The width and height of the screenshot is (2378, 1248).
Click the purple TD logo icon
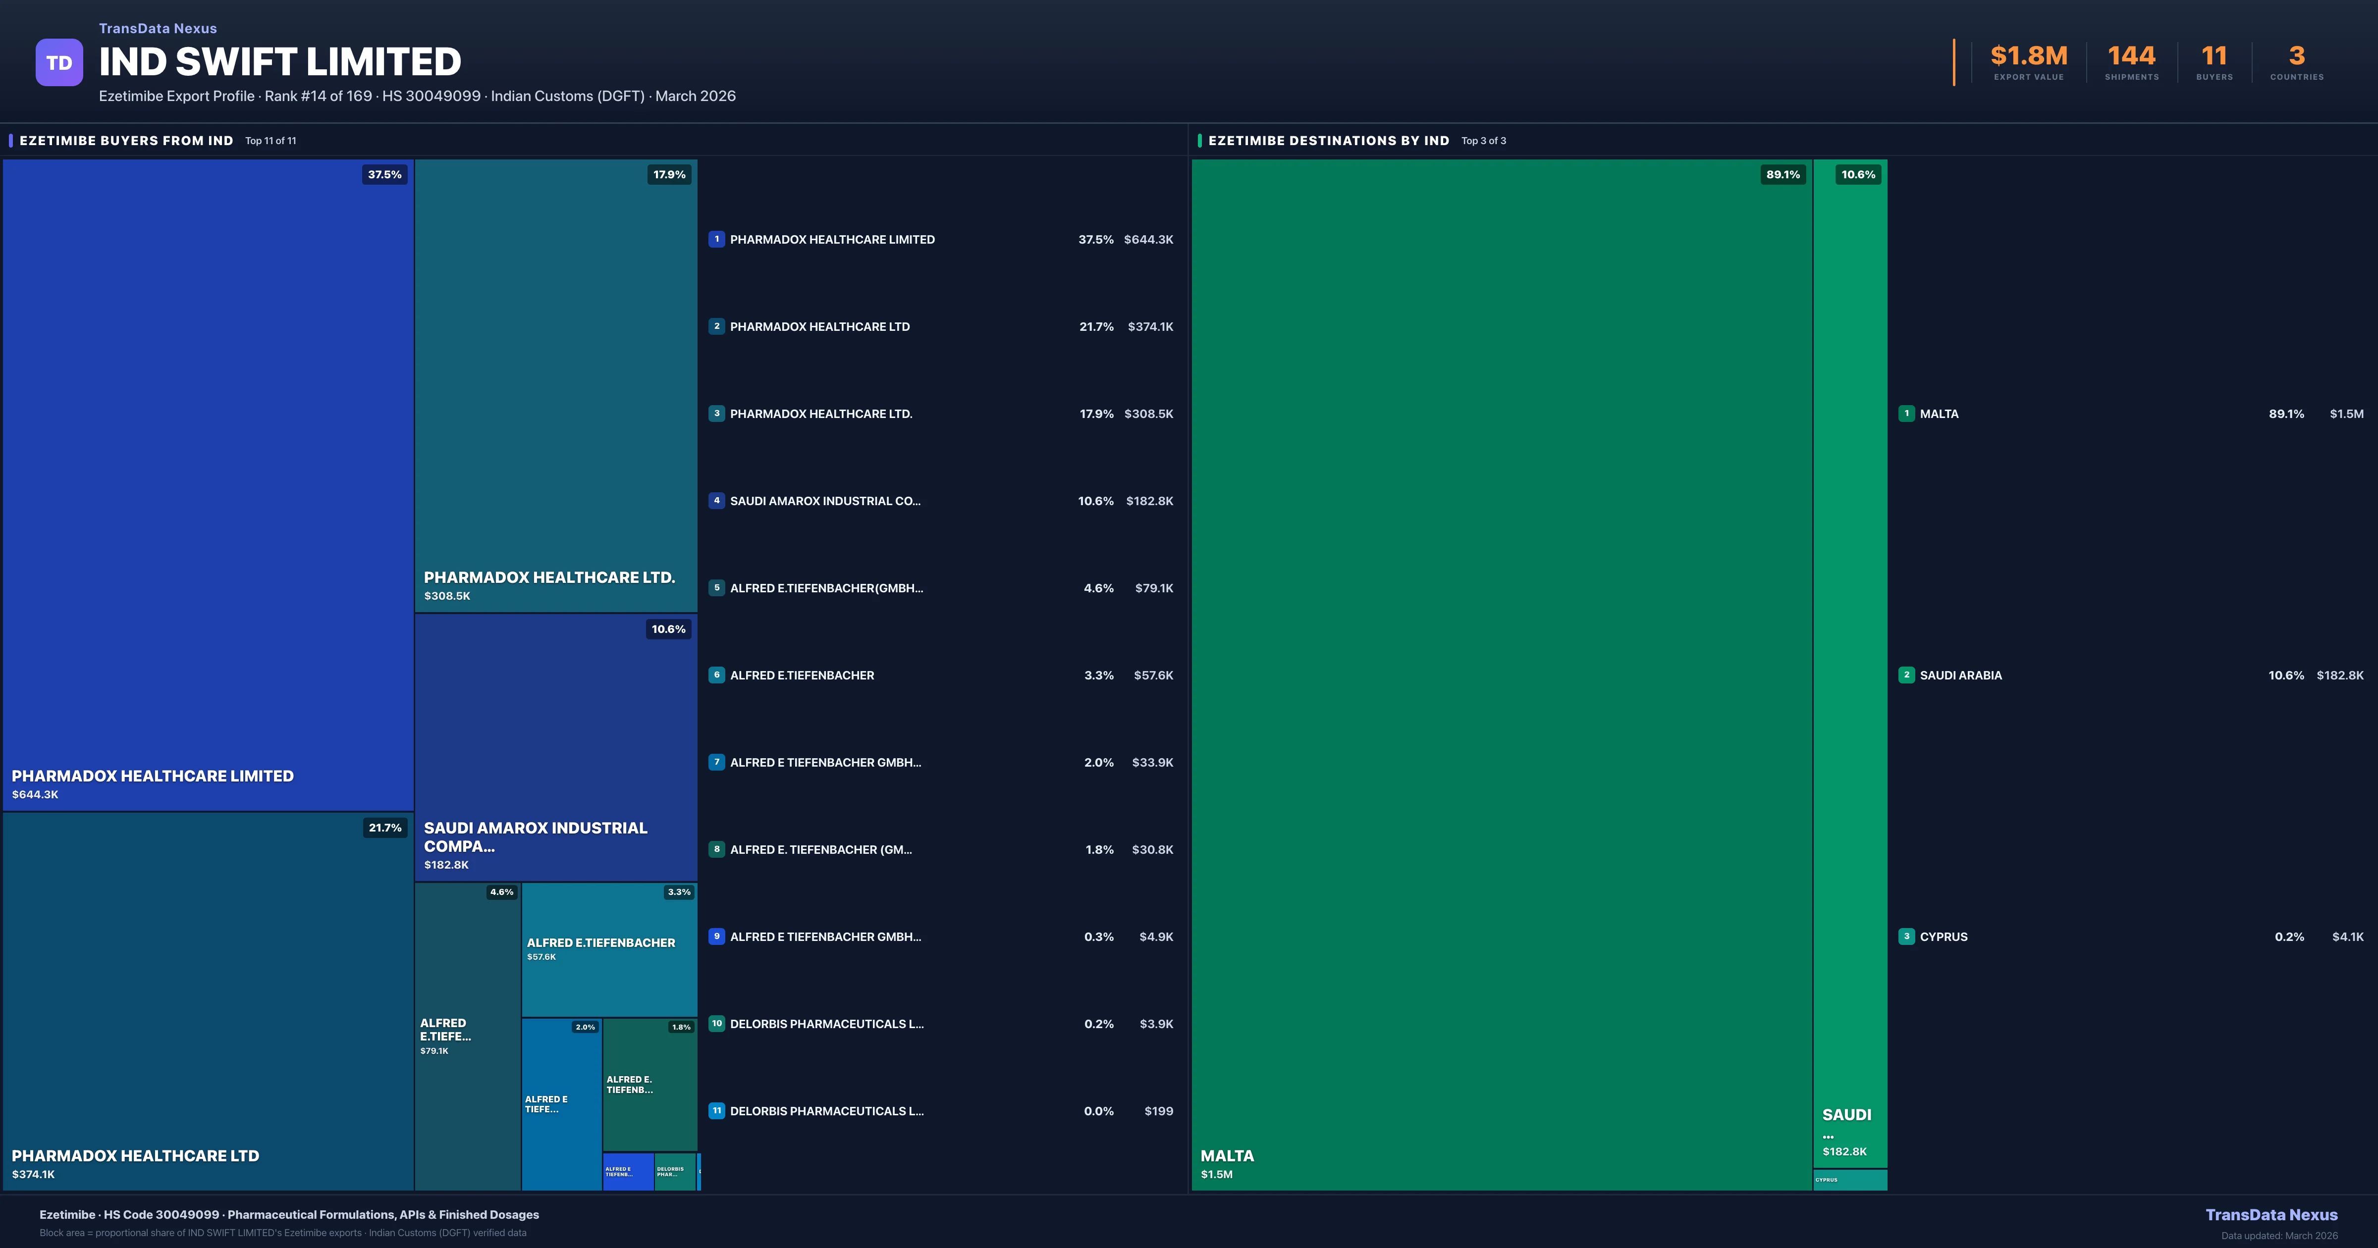pyautogui.click(x=59, y=63)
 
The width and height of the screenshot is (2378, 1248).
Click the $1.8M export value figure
pyautogui.click(x=2028, y=56)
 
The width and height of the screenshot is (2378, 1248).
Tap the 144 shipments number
pyautogui.click(x=2131, y=56)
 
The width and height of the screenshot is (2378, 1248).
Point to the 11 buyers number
pyautogui.click(x=2214, y=56)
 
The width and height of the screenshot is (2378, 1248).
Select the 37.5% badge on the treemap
pyautogui.click(x=384, y=174)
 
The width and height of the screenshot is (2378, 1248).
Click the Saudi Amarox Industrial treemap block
pyautogui.click(x=556, y=748)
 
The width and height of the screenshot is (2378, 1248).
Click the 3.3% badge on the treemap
pyautogui.click(x=679, y=892)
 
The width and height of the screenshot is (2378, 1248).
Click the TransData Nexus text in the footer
pyautogui.click(x=2271, y=1215)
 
